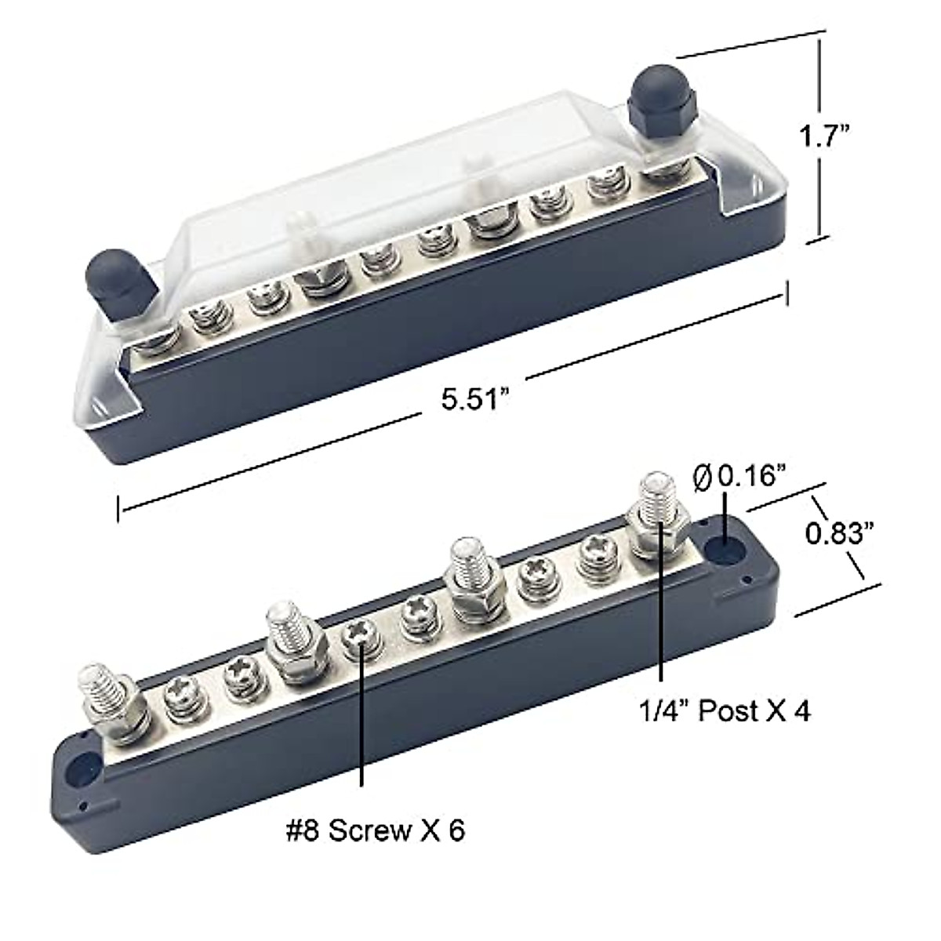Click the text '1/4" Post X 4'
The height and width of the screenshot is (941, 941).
pos(722,710)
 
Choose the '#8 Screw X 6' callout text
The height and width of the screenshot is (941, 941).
pos(375,830)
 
